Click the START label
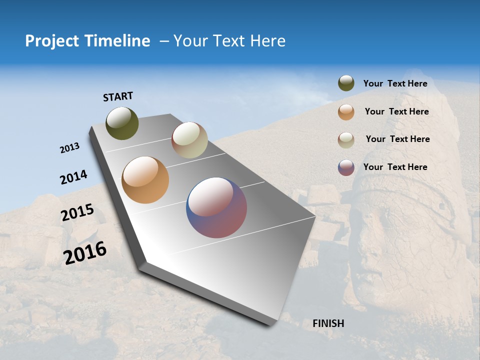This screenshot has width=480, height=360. coord(118,96)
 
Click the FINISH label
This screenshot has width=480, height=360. coord(328,323)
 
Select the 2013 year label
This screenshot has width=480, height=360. coord(70,148)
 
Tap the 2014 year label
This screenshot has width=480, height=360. coord(74,177)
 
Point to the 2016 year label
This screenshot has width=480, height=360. coord(85,253)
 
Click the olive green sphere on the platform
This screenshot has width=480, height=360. coord(122,123)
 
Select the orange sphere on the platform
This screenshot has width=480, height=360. coord(145,180)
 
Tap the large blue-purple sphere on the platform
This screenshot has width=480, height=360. coord(216,207)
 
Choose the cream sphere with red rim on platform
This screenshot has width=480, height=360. coord(189,140)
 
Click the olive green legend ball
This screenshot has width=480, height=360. coord(346,83)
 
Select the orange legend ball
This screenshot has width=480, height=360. coord(346,112)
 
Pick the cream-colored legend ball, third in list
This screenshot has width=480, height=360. coord(346,140)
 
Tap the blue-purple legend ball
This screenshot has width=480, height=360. coord(346,167)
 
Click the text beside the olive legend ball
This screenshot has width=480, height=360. coord(395,84)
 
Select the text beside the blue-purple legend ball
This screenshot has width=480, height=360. coord(395,167)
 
